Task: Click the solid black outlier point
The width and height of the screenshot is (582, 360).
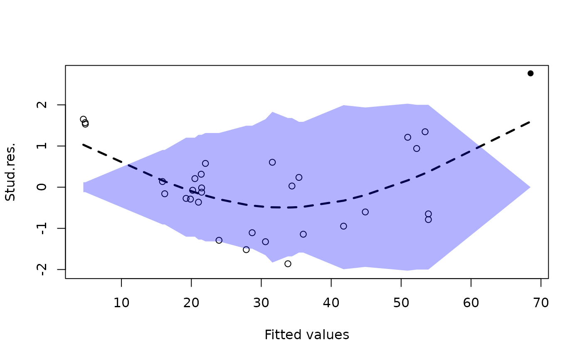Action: [530, 73]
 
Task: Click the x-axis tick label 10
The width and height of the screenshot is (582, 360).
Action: [121, 303]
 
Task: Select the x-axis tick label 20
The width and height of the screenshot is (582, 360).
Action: [191, 303]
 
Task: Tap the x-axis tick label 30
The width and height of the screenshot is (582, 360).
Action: [261, 303]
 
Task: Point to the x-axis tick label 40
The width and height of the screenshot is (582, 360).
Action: [331, 303]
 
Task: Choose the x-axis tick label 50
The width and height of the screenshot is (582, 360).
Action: [401, 303]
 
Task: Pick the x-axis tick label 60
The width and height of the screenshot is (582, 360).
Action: [471, 303]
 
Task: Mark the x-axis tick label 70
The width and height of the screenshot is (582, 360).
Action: [541, 303]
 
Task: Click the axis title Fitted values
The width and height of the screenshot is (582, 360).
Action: [307, 335]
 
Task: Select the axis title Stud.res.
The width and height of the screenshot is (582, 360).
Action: [10, 172]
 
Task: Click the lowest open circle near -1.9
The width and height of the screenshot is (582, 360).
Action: [288, 264]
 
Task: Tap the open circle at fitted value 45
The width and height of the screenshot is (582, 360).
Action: [365, 212]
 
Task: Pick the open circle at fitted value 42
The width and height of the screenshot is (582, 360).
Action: [343, 226]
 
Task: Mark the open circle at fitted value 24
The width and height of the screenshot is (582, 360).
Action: [219, 240]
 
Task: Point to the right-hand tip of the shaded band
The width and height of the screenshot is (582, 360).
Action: [530, 187]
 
